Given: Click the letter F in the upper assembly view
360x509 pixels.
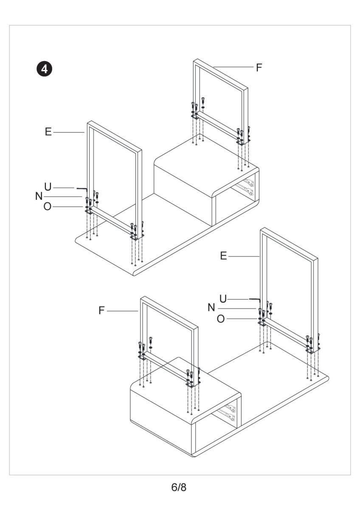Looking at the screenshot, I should click(259, 67).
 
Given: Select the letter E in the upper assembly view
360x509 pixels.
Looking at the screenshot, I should click(48, 132).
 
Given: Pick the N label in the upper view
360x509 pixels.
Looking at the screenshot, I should click(39, 196).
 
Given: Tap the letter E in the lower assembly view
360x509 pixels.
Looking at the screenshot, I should click(224, 256).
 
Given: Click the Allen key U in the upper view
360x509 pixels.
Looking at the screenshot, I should click(83, 187).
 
